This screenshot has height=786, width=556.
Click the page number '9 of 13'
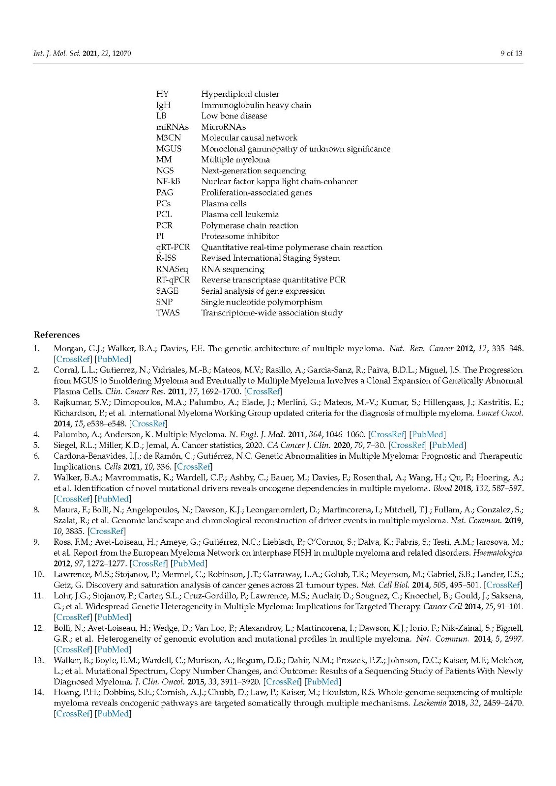coord(511,53)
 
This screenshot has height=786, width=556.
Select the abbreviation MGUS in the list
coord(169,149)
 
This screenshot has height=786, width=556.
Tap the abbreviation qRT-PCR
coord(173,247)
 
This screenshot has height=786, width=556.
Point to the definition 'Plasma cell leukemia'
coord(240,214)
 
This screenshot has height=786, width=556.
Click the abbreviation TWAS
coord(168,313)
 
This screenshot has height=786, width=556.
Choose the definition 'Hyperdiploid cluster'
coord(240,94)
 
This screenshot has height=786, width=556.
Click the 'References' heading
coord(57,335)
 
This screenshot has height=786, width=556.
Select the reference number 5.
coord(36,445)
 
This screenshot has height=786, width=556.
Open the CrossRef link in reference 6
coord(194,467)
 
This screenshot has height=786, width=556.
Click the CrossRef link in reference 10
coord(503,585)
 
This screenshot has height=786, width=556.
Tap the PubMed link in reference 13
coord(322,681)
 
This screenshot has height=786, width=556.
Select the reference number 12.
coord(38,628)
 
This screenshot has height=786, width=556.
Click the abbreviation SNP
coord(165,302)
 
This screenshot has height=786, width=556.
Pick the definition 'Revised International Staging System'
coord(270,258)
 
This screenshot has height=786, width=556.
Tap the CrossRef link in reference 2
coord(263,391)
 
